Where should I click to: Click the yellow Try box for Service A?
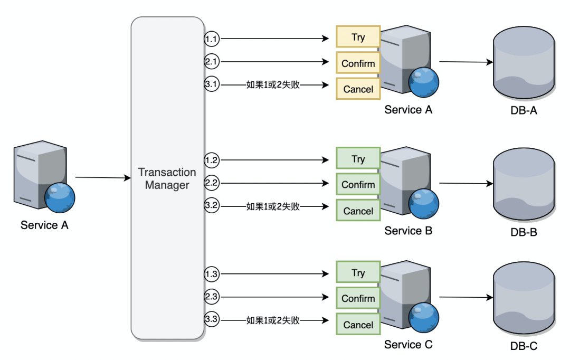click(x=358, y=37)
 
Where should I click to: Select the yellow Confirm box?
click(x=358, y=63)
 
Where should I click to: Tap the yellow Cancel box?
click(x=358, y=89)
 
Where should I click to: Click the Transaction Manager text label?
click(x=167, y=179)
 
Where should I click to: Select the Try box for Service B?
click(x=358, y=159)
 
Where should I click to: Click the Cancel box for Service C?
click(x=358, y=325)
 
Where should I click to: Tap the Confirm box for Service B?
click(x=358, y=185)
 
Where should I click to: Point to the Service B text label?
click(x=408, y=231)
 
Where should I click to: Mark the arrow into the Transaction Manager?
click(x=103, y=178)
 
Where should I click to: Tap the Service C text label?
click(x=408, y=345)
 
